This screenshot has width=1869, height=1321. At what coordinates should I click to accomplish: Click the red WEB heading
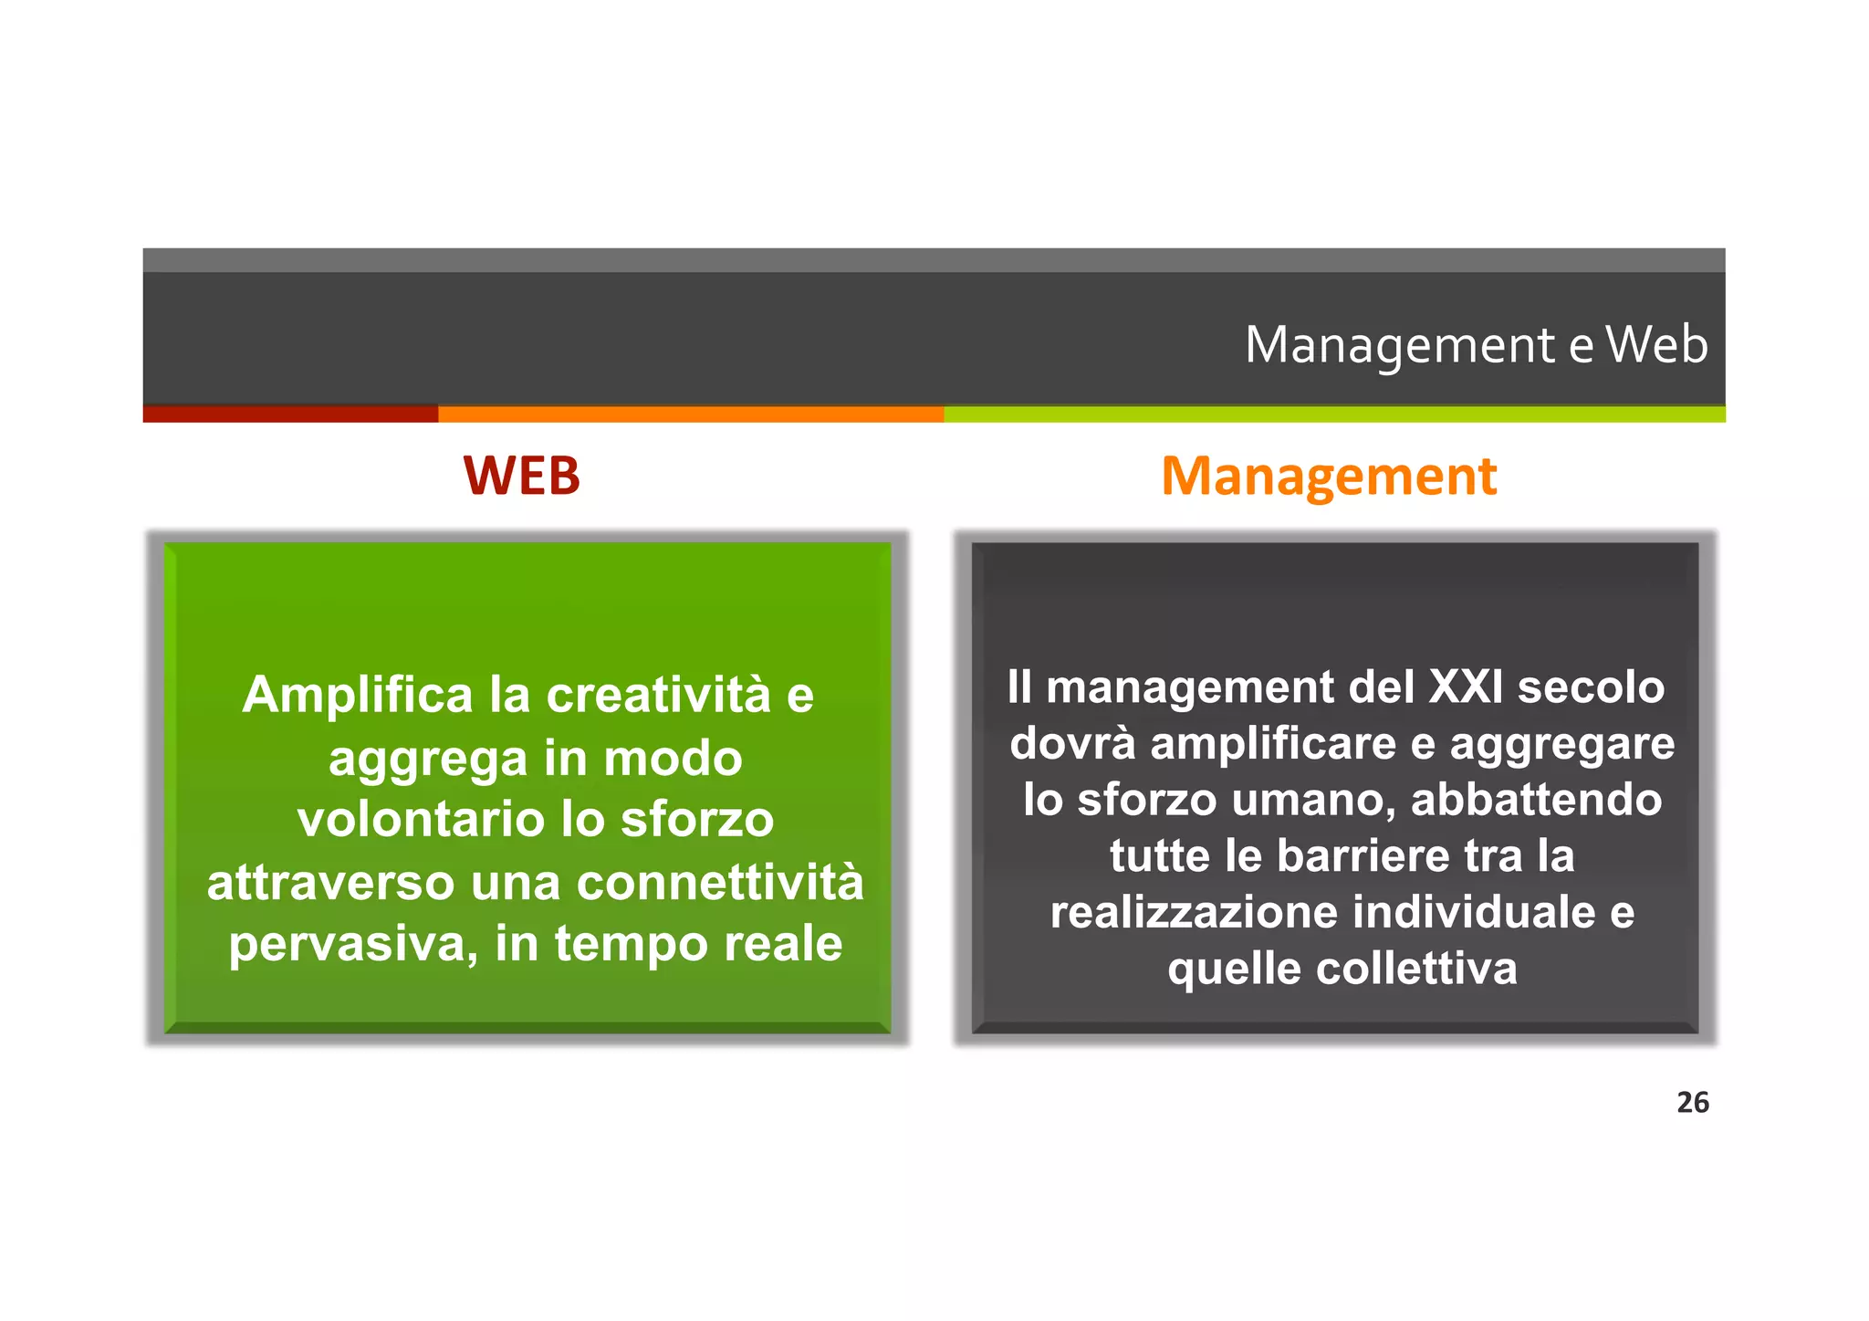coord(521,476)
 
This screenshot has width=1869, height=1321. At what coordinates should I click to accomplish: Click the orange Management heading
coord(1329,476)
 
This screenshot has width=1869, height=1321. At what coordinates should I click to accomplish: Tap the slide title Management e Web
coord(1476,345)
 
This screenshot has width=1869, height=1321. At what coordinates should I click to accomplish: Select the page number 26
coord(1692,1102)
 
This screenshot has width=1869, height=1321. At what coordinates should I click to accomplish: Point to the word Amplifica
coord(358,695)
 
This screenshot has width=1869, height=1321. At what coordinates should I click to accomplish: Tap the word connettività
coord(720,882)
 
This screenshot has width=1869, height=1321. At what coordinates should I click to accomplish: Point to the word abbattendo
coord(1536,800)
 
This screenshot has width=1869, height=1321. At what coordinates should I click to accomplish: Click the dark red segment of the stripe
coord(290,414)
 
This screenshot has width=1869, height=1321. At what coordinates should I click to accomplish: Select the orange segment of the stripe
coord(691,414)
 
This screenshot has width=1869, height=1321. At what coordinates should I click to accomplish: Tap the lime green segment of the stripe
coord(1334,414)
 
